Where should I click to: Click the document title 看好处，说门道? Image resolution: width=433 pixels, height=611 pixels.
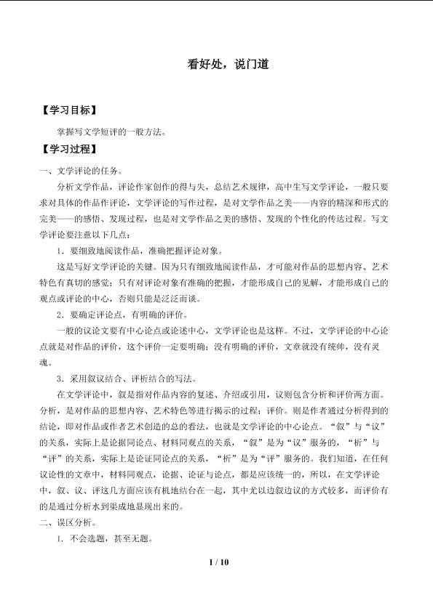pyautogui.click(x=229, y=64)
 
